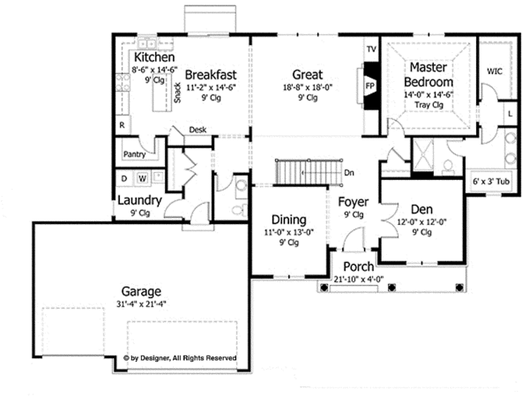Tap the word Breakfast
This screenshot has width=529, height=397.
click(210, 74)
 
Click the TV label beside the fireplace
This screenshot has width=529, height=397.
click(370, 49)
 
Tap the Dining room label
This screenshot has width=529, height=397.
click(287, 220)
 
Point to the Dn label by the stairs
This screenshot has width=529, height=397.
click(350, 172)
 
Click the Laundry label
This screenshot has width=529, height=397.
click(139, 200)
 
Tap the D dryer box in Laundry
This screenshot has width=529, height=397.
click(124, 177)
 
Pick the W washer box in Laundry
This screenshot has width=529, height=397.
click(142, 177)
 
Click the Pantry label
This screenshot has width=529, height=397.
click(134, 154)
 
